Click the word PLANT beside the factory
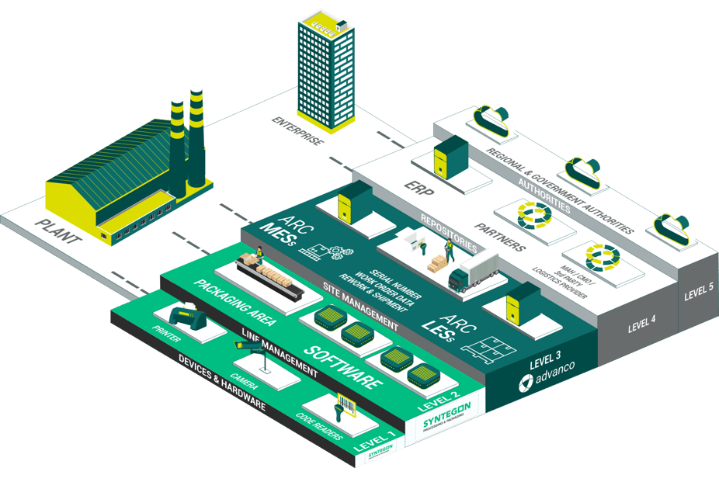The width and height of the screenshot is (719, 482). click(x=58, y=231)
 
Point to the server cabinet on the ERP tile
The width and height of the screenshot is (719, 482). click(x=450, y=154)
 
